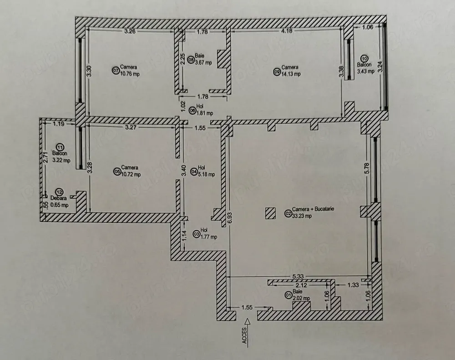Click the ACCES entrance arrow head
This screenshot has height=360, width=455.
tap(247, 321)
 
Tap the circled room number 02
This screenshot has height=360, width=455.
tap(288, 214)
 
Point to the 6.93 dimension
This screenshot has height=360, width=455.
tap(230, 218)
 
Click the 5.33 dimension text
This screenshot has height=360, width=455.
tap(298, 276)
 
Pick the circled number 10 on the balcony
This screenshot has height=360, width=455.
tap(364, 59)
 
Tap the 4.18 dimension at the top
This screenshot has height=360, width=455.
tap(286, 31)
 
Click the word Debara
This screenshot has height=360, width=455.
tap(59, 198)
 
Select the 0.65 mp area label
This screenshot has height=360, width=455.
tap(60, 205)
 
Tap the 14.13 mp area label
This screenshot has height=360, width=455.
tap(291, 74)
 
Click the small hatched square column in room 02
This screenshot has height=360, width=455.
tap(270, 213)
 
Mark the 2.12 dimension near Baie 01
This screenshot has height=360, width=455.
tap(301, 285)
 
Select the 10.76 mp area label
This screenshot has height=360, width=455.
tap(130, 74)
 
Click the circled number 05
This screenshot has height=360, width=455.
tap(117, 172)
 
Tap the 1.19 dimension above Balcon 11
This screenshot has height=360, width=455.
tap(59, 124)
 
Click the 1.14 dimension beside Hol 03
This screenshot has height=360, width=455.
tap(183, 235)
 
